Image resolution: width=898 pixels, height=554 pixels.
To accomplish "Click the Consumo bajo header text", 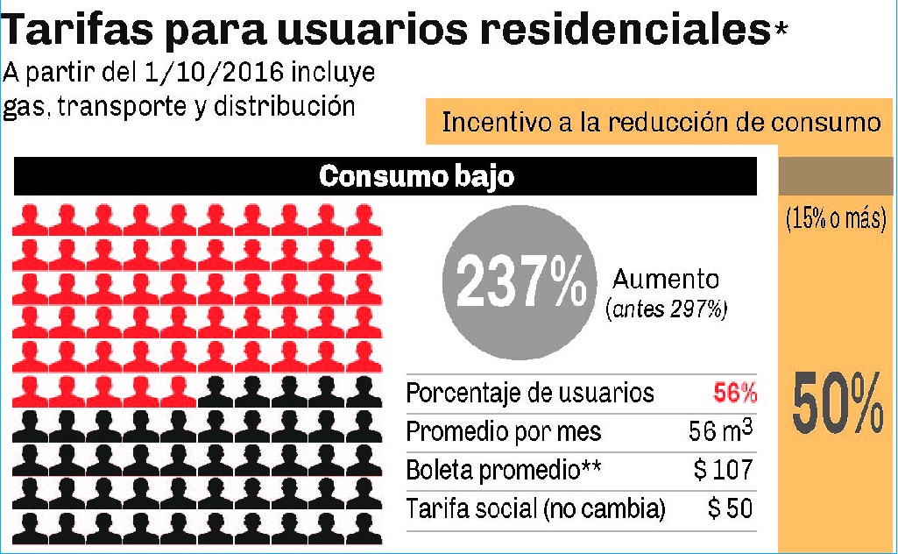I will pos(416,176).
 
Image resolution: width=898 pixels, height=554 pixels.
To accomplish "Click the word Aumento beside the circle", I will pos(666,280).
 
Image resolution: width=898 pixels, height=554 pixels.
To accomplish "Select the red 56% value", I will pos(734,393).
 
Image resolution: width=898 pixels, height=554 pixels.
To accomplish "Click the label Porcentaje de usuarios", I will pos(530,394).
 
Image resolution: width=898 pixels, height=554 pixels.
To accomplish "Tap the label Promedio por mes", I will pos(504,432).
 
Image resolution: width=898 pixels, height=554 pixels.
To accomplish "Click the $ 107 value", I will pos(724,470).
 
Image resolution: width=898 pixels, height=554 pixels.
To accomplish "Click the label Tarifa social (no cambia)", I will pos(535,508).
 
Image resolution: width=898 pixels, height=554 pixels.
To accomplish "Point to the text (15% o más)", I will pos(836,220).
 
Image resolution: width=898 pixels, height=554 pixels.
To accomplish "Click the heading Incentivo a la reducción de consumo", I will pos(661,122).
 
